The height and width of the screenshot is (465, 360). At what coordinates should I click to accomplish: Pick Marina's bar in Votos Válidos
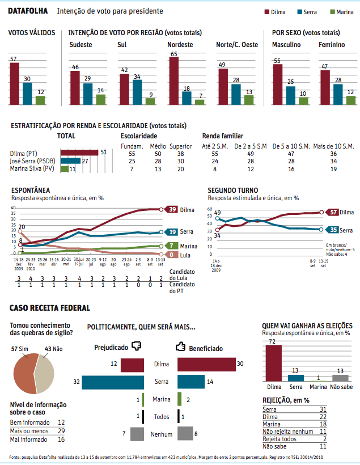tap(40, 100)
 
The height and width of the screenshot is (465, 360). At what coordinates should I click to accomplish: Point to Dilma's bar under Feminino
tap(325, 87)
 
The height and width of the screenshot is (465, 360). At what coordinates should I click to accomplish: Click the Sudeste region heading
tap(81, 44)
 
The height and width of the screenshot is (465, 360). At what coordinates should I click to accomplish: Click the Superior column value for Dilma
tap(180, 153)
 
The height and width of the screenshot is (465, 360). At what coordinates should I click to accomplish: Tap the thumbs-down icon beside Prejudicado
tap(135, 345)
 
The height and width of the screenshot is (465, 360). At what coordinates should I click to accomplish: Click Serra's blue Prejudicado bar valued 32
tap(113, 382)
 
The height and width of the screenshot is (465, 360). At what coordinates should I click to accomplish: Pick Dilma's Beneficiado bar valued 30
tap(206, 365)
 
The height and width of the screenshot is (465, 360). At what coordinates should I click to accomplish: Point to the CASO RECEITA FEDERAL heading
tap(50, 308)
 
